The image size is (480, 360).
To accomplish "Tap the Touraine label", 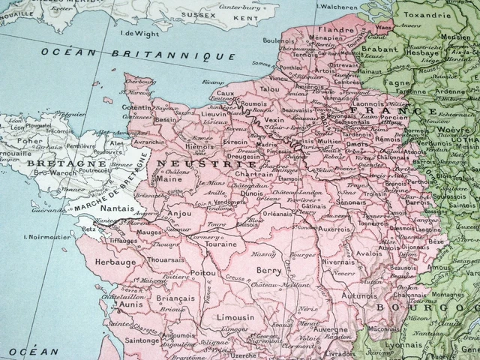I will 220,244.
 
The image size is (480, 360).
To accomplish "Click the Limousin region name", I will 236,317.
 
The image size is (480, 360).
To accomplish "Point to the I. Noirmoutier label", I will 49,238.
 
